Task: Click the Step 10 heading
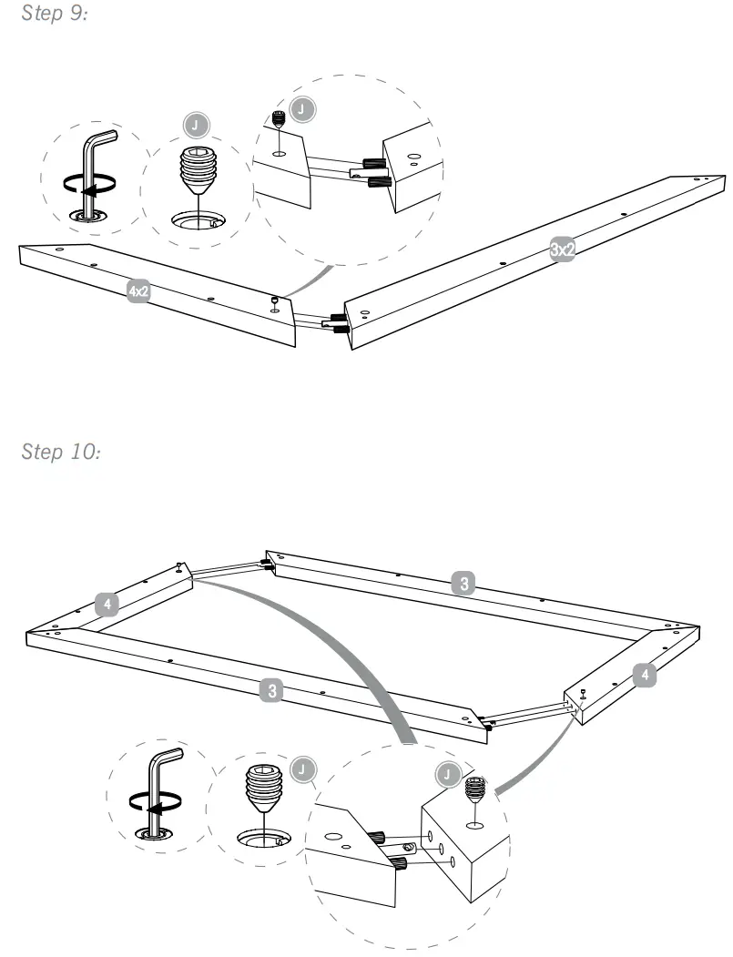[59, 453]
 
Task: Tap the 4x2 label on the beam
[138, 291]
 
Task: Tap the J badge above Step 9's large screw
[193, 123]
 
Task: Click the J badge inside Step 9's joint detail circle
[305, 108]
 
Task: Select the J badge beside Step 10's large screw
[300, 770]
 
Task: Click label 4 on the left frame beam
[107, 603]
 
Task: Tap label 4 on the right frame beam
[645, 676]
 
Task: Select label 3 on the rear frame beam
[464, 585]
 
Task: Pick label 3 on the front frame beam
[270, 691]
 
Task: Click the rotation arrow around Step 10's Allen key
[151, 804]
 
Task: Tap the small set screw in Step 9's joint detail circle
[280, 119]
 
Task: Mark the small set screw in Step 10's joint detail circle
[473, 788]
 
